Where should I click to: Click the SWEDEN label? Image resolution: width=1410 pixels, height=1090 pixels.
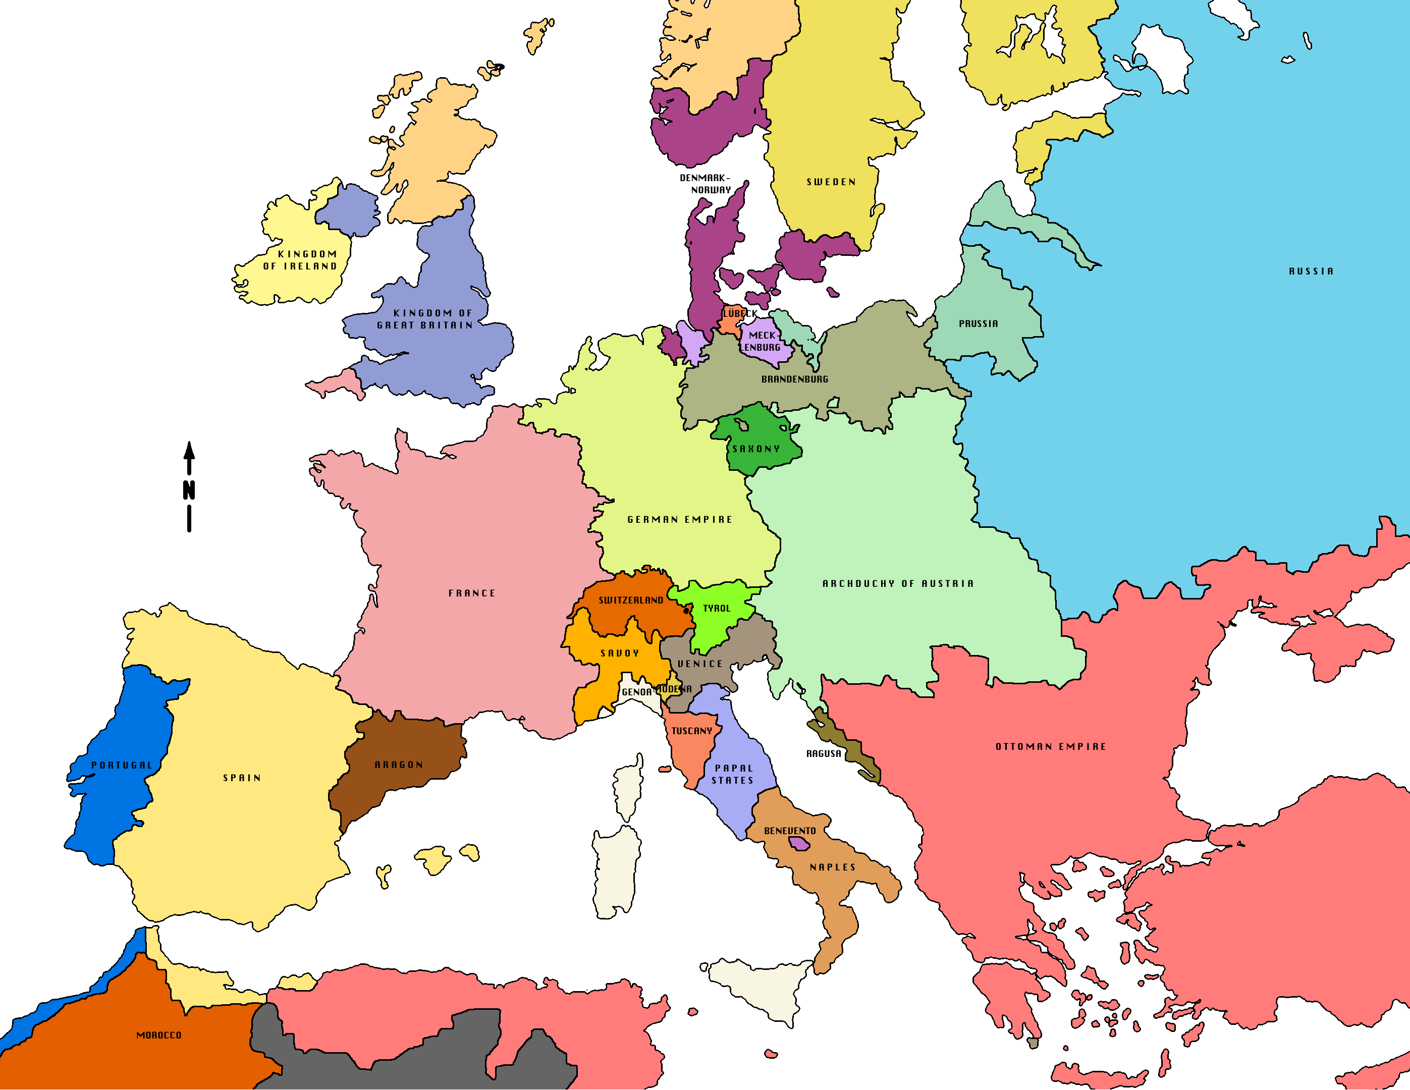(x=831, y=182)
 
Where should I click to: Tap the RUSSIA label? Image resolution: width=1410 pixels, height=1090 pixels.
(x=1311, y=271)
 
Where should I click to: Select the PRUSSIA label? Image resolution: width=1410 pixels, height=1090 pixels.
(x=978, y=323)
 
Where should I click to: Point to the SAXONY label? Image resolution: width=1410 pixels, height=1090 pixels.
(x=756, y=449)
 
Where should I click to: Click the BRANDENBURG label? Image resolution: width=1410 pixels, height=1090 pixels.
(x=794, y=379)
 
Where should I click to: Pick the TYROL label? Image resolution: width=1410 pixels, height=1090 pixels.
(x=717, y=608)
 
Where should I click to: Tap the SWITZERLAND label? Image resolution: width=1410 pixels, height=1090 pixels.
(x=631, y=600)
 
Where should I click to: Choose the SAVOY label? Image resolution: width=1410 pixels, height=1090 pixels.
(x=620, y=653)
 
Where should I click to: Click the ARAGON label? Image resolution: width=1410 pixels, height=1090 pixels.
(x=399, y=765)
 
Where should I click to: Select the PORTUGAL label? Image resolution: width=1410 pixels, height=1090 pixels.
(x=122, y=765)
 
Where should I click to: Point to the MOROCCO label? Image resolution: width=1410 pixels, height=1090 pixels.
(x=159, y=1035)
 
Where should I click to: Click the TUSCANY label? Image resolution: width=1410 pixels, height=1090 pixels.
(x=691, y=731)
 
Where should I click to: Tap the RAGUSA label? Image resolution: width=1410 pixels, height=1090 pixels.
(x=824, y=753)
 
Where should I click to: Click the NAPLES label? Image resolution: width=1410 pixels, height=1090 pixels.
(x=833, y=867)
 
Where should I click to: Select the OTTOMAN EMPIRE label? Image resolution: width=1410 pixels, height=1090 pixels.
(x=1050, y=746)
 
